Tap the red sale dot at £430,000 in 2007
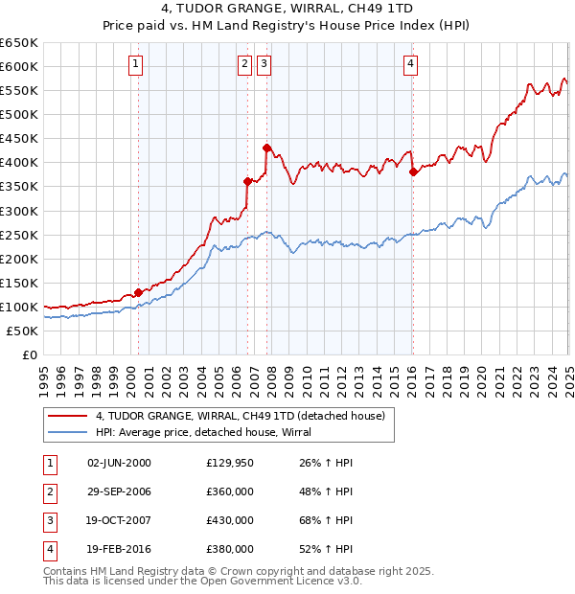pyautogui.click(x=266, y=148)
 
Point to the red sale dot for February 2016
pyautogui.click(x=413, y=171)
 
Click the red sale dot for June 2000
pyautogui.click(x=138, y=292)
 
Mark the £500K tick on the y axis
pyautogui.click(x=21, y=114)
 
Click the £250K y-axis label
pyautogui.click(x=21, y=235)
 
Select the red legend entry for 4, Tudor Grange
pyautogui.click(x=240, y=416)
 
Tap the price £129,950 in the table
pyautogui.click(x=230, y=463)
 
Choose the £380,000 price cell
pyautogui.click(x=230, y=549)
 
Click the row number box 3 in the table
pyautogui.click(x=49, y=520)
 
